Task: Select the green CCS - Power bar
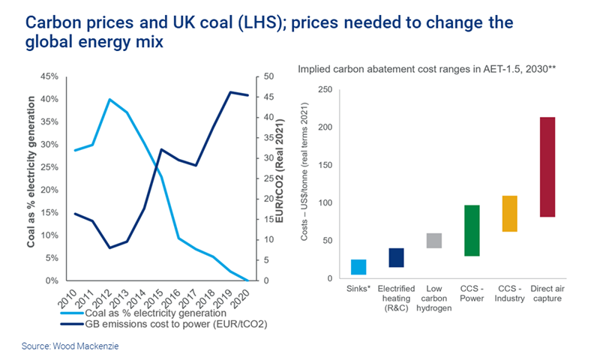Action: [x=472, y=230]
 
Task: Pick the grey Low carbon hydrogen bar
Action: [x=434, y=241]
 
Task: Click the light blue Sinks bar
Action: [x=358, y=267]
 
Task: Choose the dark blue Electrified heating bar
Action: [x=396, y=257]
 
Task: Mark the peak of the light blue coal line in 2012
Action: [x=109, y=99]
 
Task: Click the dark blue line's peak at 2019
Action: [x=229, y=91]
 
